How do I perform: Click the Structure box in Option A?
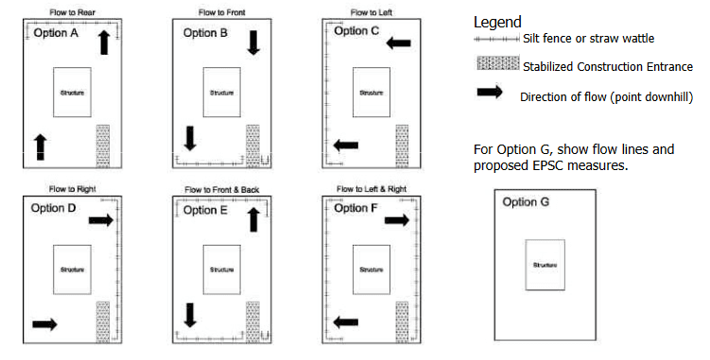(x=72, y=92)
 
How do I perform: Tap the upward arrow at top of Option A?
(x=103, y=42)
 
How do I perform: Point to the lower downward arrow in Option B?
(x=190, y=138)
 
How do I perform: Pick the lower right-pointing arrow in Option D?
(x=44, y=324)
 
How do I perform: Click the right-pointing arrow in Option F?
(x=396, y=219)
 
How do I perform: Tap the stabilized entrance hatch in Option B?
(x=252, y=144)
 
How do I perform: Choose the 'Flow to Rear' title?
(x=71, y=12)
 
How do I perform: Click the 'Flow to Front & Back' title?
(x=221, y=189)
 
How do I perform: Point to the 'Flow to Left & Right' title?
(x=372, y=189)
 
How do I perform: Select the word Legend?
(x=496, y=22)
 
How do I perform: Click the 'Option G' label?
(x=527, y=202)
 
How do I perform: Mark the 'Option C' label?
(x=357, y=31)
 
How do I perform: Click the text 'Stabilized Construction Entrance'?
(x=608, y=66)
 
